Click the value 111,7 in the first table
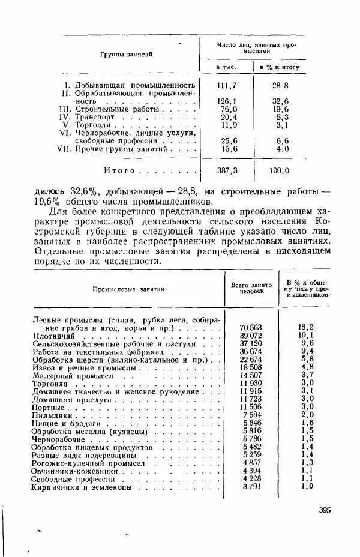226,85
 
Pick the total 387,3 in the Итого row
227,170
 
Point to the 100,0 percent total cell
279,170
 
